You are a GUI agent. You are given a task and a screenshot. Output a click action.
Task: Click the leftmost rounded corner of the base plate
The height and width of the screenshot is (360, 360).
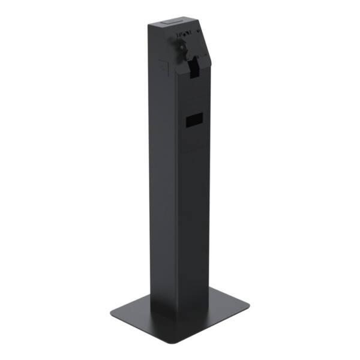click(x=112, y=313)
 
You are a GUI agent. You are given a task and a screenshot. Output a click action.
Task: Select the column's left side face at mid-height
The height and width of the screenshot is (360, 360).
click(x=162, y=180)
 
